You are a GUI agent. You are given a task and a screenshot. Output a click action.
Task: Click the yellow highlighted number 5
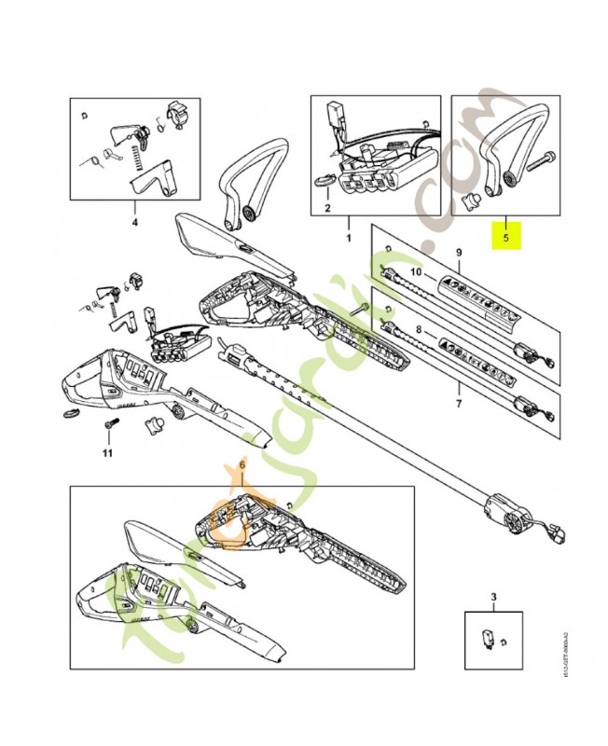506,238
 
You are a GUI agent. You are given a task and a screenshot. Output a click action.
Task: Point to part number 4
134,223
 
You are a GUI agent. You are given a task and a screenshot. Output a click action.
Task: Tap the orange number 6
243,463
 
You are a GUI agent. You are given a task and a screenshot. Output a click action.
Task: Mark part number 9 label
458,252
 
